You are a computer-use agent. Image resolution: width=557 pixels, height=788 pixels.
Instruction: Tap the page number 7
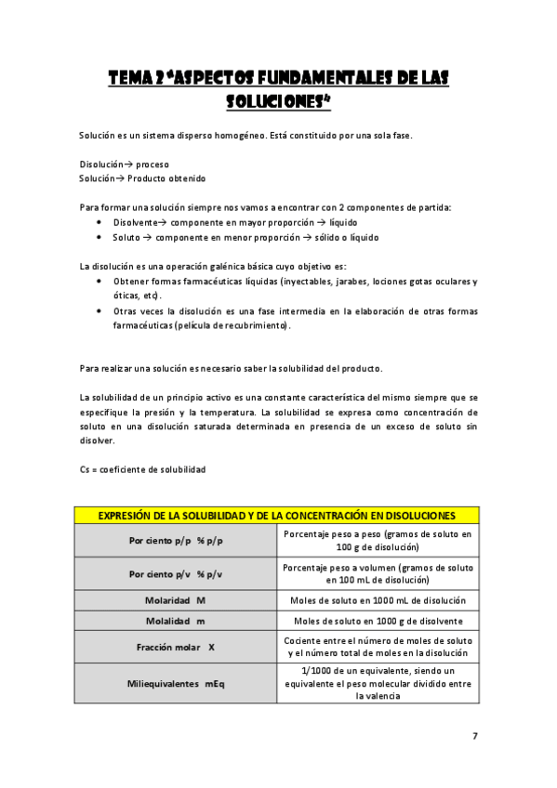point(474,736)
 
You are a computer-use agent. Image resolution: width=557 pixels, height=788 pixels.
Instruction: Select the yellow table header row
point(277,515)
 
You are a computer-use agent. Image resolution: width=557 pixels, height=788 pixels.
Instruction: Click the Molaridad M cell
point(176,600)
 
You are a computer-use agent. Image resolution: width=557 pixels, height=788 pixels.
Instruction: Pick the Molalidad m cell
point(176,621)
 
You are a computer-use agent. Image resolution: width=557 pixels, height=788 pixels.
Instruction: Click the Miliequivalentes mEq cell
point(176,683)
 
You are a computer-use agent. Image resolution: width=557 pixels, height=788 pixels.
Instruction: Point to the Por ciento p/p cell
point(176,540)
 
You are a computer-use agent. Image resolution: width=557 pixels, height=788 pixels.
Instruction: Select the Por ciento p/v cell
point(176,573)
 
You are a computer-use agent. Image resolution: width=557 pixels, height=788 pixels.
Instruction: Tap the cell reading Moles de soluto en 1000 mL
point(378,600)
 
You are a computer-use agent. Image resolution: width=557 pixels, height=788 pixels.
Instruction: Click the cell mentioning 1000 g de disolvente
point(378,621)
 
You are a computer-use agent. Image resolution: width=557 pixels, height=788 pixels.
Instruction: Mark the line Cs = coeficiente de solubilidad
point(142,469)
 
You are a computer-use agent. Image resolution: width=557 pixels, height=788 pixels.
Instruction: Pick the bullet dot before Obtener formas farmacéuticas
point(99,281)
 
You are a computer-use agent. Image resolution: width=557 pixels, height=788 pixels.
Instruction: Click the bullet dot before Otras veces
point(99,310)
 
